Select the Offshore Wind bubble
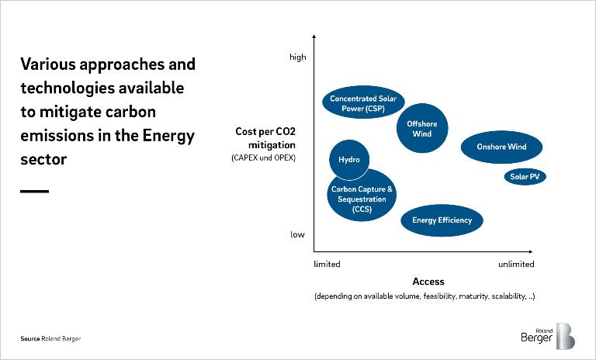(422, 129)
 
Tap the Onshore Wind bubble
(501, 147)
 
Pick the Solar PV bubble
(525, 177)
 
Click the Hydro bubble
(349, 159)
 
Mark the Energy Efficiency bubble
(442, 220)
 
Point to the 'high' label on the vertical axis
(298, 57)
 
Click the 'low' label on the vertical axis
(298, 234)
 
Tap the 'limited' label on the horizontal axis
(327, 265)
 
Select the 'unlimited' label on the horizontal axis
(516, 265)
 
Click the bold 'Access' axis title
(428, 282)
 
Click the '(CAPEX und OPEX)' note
(263, 158)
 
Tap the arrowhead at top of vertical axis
(314, 36)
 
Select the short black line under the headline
(34, 191)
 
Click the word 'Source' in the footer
(30, 339)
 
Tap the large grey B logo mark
(565, 335)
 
